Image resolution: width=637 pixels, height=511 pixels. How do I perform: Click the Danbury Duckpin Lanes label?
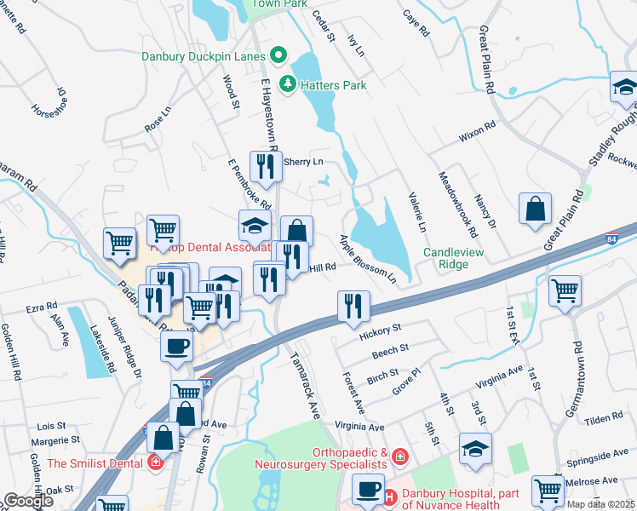pyautogui.click(x=205, y=56)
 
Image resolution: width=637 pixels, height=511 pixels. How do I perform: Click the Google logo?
pyautogui.click(x=28, y=501)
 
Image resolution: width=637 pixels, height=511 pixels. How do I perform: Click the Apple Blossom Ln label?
pyautogui.click(x=369, y=259)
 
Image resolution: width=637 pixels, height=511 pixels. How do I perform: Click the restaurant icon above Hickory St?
pyautogui.click(x=353, y=306)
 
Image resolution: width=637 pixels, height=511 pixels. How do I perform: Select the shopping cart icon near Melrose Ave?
pyautogui.click(x=547, y=490)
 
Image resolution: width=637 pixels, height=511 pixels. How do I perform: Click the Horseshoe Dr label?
pyautogui.click(x=49, y=100)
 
